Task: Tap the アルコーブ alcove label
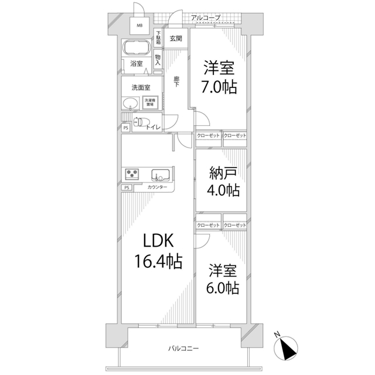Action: click(x=206, y=18)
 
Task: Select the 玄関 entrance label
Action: click(x=175, y=38)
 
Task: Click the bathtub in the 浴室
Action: click(x=137, y=48)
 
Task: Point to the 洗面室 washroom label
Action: click(x=141, y=87)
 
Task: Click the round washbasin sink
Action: click(x=130, y=104)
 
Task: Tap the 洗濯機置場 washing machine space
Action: click(x=151, y=102)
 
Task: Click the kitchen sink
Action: click(x=159, y=175)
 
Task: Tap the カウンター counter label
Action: click(x=157, y=187)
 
